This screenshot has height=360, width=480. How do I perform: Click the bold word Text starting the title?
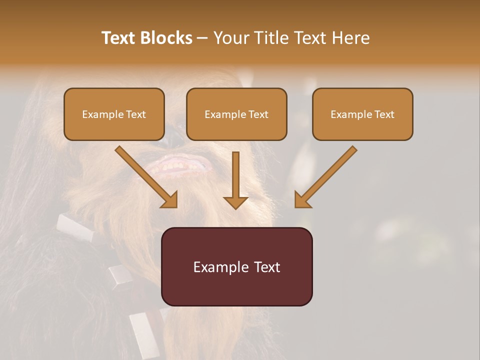pos(118,38)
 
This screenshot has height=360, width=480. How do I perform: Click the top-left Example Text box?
pos(114,114)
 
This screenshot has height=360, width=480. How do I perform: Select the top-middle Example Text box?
pos(236,114)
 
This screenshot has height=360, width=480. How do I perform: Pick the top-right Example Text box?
pos(362,114)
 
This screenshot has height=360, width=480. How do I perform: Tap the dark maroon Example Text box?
pos(237,266)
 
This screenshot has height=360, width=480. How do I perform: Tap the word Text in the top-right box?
pos(384,114)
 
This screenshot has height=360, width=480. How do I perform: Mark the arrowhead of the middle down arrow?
pos(235,202)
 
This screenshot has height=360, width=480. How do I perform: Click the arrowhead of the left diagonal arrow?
pos(170,200)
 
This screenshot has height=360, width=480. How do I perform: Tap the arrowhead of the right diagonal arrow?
pos(302,200)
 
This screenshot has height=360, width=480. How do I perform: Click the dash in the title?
pos(202,38)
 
